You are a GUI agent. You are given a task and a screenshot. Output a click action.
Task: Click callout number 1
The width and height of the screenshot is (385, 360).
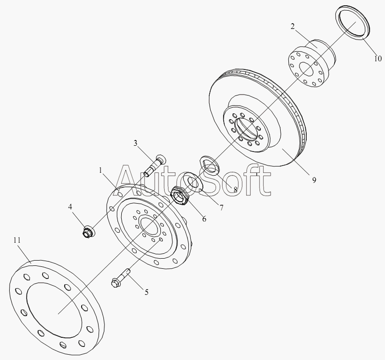coord(100,170)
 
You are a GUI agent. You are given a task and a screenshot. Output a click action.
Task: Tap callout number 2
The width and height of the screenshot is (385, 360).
coord(292,27)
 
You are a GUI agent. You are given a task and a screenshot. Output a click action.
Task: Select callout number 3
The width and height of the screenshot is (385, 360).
coord(135,143)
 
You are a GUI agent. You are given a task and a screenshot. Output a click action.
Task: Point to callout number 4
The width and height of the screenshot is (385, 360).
coord(70,207)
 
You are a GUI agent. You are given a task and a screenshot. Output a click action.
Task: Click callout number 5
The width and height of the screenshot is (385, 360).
coord(146,292)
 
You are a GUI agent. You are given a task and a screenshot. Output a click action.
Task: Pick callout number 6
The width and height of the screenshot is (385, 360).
coord(204,219)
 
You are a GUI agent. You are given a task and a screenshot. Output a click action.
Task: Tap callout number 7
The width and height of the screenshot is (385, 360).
coord(221,208)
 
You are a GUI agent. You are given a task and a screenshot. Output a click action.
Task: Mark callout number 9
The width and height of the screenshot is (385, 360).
coord(314,180)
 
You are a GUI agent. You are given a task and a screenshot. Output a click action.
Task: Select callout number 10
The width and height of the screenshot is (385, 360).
coord(378,58)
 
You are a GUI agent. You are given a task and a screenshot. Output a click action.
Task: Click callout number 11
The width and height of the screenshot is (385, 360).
coord(17,240)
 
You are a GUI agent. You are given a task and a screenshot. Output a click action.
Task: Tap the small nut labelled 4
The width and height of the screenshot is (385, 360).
coord(88,232)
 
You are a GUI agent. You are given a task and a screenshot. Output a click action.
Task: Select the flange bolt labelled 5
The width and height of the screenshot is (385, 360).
coord(121,278)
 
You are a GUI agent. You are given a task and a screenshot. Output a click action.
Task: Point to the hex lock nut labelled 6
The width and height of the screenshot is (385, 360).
coord(180,195)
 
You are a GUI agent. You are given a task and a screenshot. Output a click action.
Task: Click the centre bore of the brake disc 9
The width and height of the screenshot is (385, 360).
coord(246,131)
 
